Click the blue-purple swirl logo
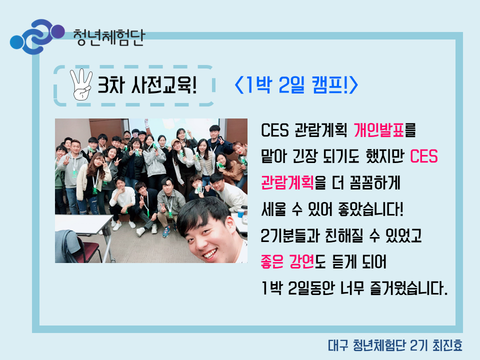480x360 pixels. coord(37,36)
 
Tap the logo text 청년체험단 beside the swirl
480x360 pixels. coord(109,37)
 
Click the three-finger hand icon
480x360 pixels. coord(81,84)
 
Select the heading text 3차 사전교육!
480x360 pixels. coord(147,85)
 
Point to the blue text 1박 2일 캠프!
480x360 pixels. coord(296,85)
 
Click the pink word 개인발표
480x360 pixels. coord(379,130)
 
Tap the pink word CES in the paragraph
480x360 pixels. coord(423,156)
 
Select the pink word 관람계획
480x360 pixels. coord(287,183)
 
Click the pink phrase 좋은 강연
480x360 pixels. coord(287,261)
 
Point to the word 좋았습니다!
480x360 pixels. coord(370,209)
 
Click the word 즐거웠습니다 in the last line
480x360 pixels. coord(408,288)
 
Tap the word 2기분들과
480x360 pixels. coord(290,235)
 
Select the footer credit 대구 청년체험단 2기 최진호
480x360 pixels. coord(395,345)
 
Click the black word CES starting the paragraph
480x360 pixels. coord(274,130)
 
